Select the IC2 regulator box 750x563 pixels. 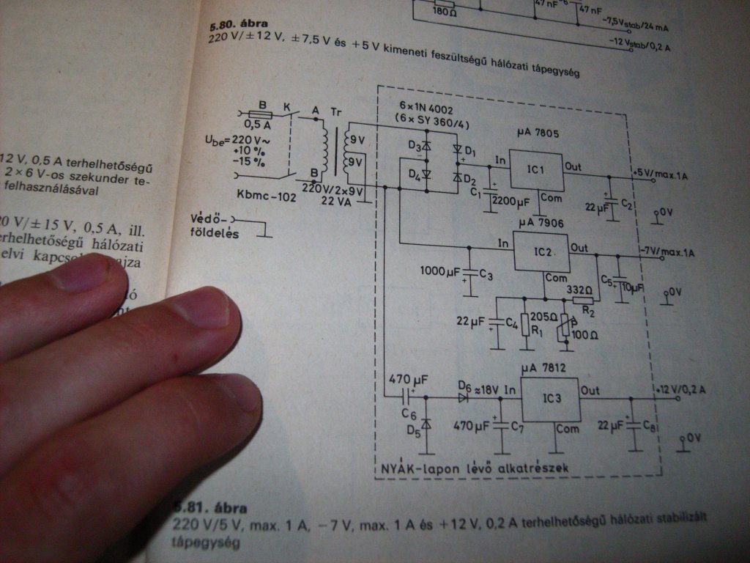point(542,251)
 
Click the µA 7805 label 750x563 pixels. point(538,133)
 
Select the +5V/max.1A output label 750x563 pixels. point(663,174)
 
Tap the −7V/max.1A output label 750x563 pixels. point(667,251)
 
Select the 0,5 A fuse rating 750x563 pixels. point(261,125)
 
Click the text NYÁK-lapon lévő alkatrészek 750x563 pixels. point(475,466)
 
